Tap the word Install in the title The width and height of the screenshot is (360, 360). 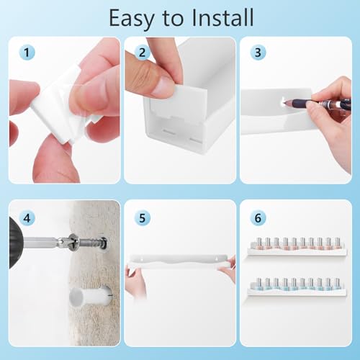222,17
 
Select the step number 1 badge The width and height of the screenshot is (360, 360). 27,53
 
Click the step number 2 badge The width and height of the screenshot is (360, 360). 143,53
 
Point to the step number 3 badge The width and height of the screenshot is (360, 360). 258,53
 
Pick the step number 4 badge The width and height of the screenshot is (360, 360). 27,218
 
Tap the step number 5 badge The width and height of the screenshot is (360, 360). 143,218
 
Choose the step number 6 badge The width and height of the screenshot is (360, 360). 258,218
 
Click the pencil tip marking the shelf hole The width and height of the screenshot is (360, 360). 284,102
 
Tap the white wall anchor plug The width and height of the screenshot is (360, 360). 91,296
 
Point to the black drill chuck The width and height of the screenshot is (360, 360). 17,243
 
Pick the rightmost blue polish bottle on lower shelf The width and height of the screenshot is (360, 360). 337,284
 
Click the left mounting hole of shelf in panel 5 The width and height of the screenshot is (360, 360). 142,259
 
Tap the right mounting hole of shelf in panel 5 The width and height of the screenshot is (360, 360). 217,259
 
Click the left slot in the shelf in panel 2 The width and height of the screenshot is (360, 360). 169,132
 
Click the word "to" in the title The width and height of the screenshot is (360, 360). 174,19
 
